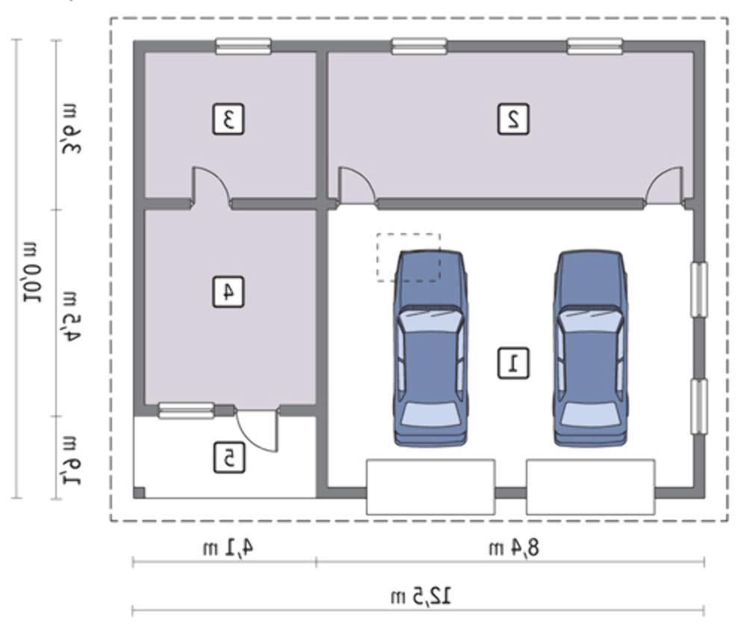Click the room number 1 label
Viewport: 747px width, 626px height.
513,363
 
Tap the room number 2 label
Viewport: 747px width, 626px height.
513,119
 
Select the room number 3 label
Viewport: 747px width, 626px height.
228,119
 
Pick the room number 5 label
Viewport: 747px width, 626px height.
229,458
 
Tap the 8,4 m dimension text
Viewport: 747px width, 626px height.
515,548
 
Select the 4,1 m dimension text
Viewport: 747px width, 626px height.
228,548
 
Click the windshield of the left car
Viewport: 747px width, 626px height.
430,319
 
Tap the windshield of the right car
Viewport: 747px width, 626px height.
591,319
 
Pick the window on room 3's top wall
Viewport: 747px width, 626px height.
244,46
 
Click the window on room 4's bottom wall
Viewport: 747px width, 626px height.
186,410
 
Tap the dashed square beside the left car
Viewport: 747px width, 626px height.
409,257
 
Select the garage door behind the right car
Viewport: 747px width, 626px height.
590,487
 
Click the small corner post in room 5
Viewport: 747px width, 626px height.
139,492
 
